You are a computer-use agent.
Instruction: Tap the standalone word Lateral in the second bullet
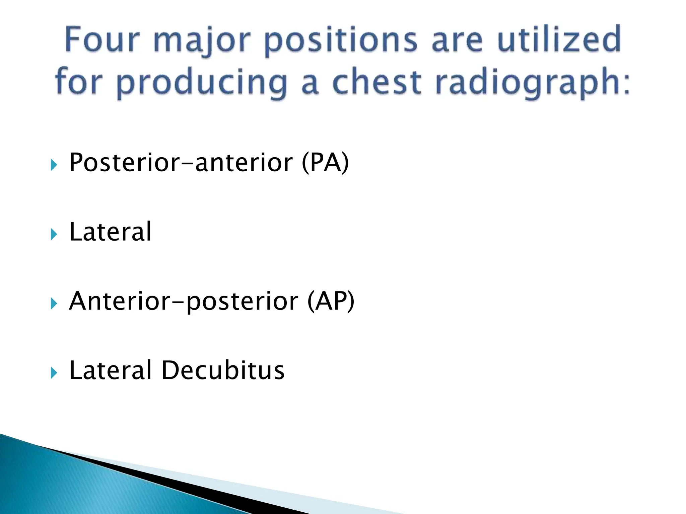coord(110,232)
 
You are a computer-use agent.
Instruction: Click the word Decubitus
coord(223,370)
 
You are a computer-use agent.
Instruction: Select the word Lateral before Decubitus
coord(110,370)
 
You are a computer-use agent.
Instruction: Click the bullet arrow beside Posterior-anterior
coord(54,165)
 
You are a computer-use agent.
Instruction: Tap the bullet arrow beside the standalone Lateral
coord(54,234)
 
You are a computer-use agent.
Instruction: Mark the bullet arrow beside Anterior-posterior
coord(54,304)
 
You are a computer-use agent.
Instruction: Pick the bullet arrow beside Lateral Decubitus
coord(54,373)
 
